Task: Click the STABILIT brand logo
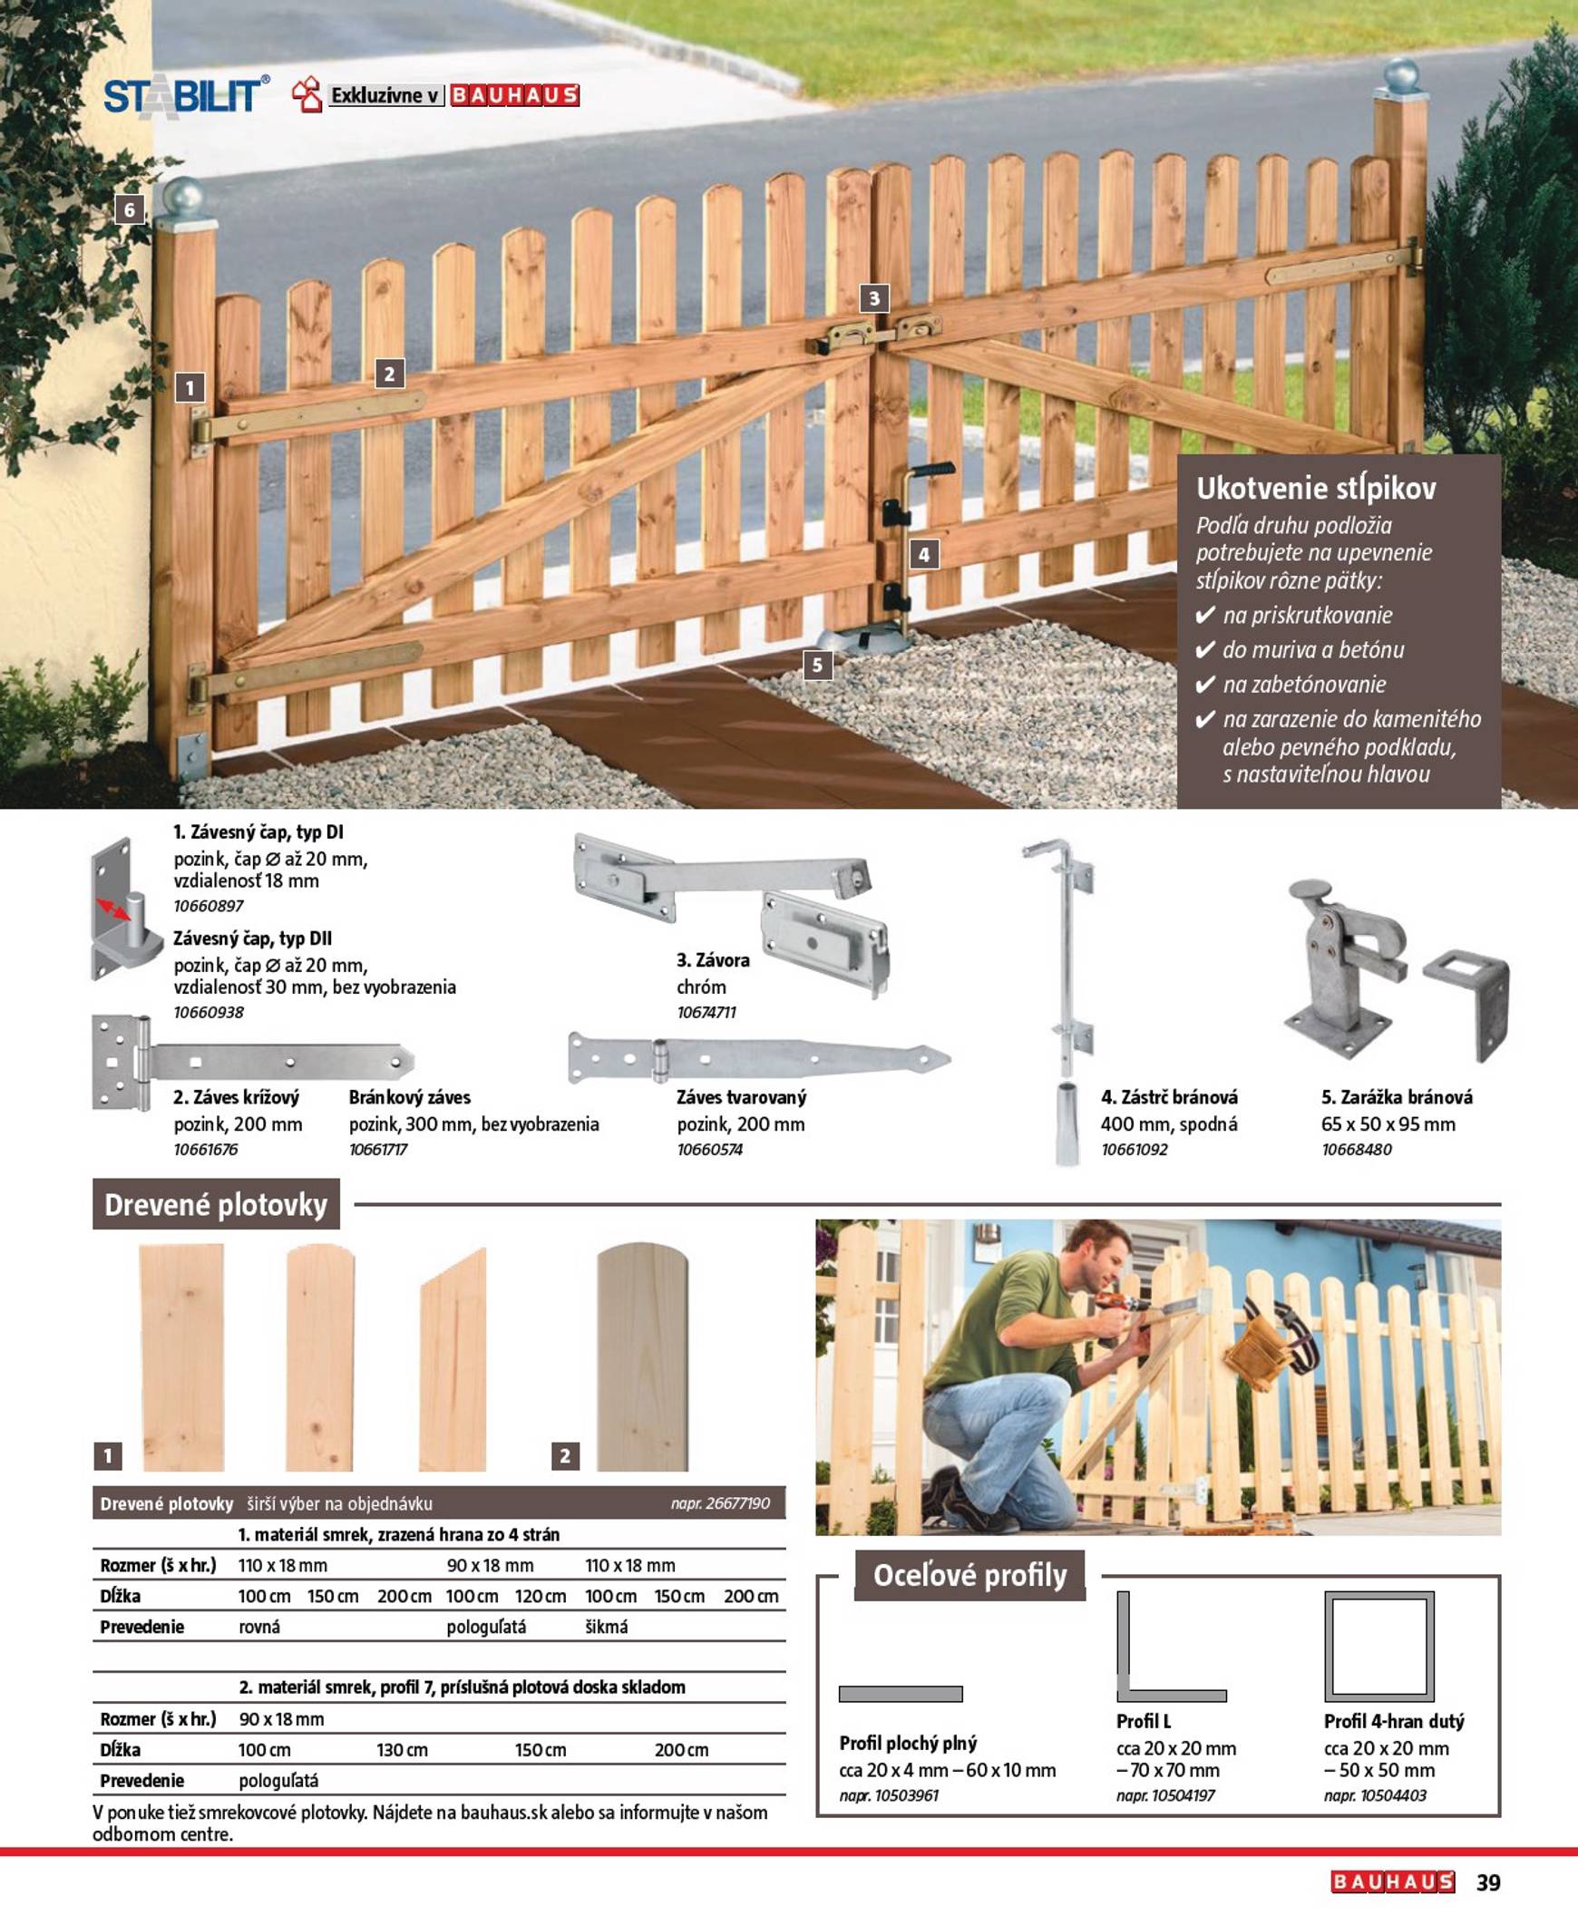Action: [185, 95]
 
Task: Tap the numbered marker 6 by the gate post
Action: [130, 210]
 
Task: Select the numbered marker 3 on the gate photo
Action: [873, 298]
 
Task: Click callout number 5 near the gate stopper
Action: [817, 665]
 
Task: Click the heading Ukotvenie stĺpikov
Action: [1315, 489]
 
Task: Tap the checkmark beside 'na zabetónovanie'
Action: [1205, 685]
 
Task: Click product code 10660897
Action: [209, 905]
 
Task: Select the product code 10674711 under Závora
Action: [706, 1012]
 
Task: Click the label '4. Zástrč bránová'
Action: [1169, 1097]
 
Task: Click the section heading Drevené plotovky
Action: [216, 1205]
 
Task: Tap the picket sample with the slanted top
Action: [453, 1360]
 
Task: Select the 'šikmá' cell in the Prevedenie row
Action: [607, 1627]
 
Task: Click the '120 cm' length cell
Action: [540, 1596]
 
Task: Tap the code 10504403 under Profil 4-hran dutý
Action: [1374, 1795]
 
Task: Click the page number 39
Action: [1488, 1882]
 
